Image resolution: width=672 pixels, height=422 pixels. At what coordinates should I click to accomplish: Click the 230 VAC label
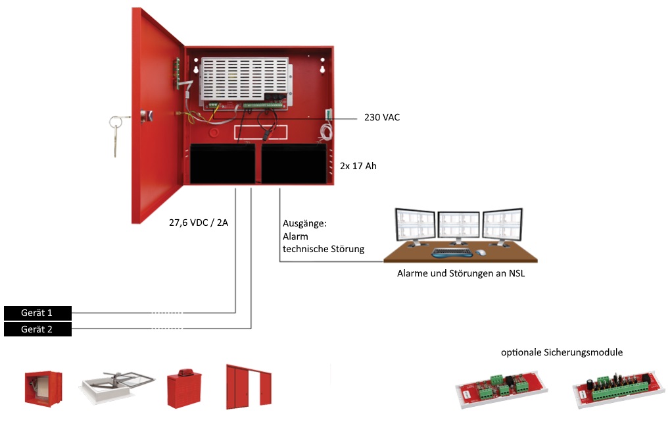click(x=382, y=118)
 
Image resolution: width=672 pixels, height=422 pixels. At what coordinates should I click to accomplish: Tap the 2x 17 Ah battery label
click(x=358, y=167)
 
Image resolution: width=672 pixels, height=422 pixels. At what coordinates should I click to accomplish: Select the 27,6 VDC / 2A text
click(x=198, y=222)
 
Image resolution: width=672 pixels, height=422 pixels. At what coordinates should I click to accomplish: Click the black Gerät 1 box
click(x=37, y=312)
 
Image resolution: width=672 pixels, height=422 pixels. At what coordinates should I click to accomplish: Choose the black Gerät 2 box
click(x=37, y=329)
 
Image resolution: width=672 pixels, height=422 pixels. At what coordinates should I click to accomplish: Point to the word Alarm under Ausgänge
click(x=295, y=236)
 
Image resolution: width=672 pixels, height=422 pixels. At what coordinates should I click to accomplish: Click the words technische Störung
click(x=323, y=249)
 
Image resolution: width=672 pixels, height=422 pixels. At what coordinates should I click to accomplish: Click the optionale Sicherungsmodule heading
click(x=562, y=352)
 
